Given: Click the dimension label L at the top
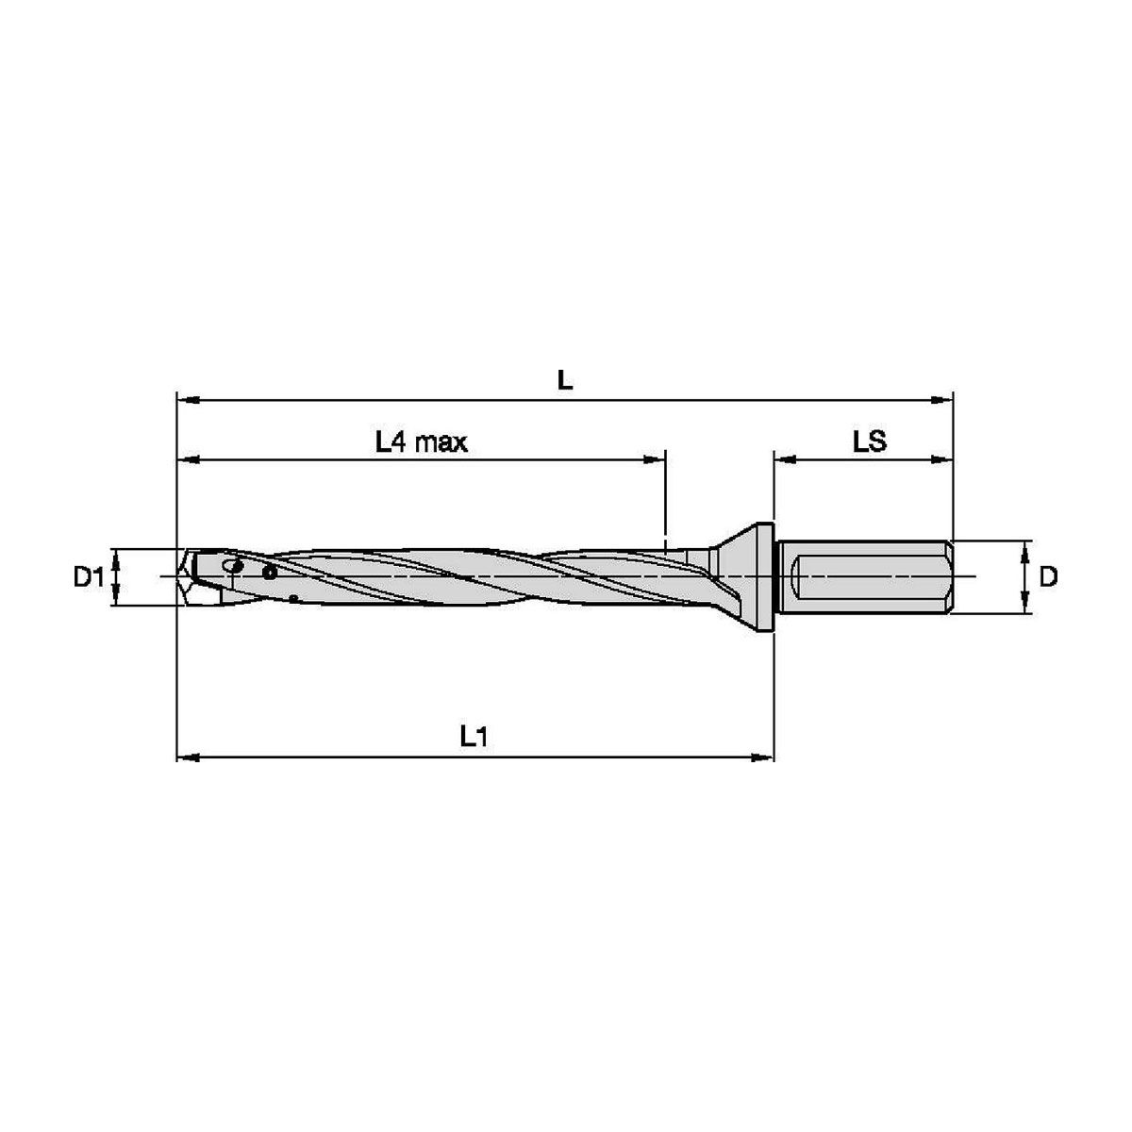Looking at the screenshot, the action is [x=564, y=381].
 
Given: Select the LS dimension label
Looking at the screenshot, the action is [x=870, y=441].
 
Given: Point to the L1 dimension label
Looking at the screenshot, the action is [x=474, y=736].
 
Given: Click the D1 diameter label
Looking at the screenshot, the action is [x=88, y=578].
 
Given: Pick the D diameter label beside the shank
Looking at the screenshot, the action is [x=1048, y=577].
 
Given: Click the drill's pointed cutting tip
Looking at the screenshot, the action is [x=178, y=576].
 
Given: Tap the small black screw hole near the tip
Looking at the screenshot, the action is [x=270, y=573].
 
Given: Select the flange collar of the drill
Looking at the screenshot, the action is [x=764, y=577].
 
